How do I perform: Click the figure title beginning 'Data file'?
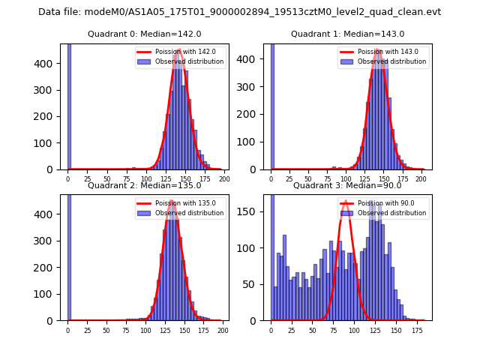239,12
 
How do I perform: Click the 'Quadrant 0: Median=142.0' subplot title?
144,34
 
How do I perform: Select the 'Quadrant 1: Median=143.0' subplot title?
347,34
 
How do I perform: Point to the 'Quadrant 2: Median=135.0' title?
144,185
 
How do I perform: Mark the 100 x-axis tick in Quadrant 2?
145,330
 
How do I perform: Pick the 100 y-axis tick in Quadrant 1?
254,142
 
